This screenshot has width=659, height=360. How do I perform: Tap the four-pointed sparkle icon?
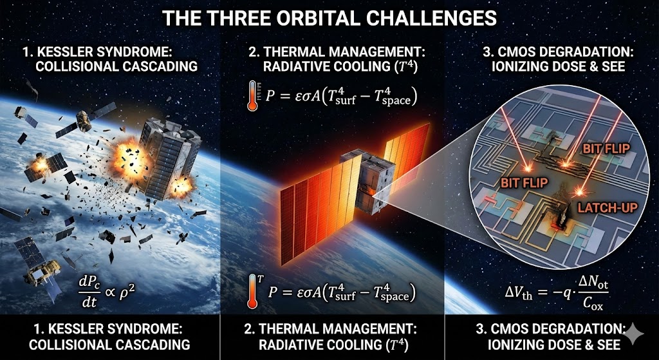pos(633,333)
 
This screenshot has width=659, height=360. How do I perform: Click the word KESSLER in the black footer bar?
pos(68,329)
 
